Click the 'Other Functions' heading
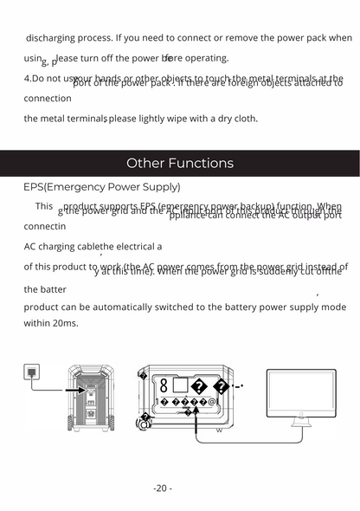pos(180,163)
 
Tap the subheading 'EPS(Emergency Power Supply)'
pos(102,186)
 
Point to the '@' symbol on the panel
pos(212,402)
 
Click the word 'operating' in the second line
pos(208,58)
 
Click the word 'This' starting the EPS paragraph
pos(44,206)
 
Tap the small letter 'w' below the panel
pos(219,430)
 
